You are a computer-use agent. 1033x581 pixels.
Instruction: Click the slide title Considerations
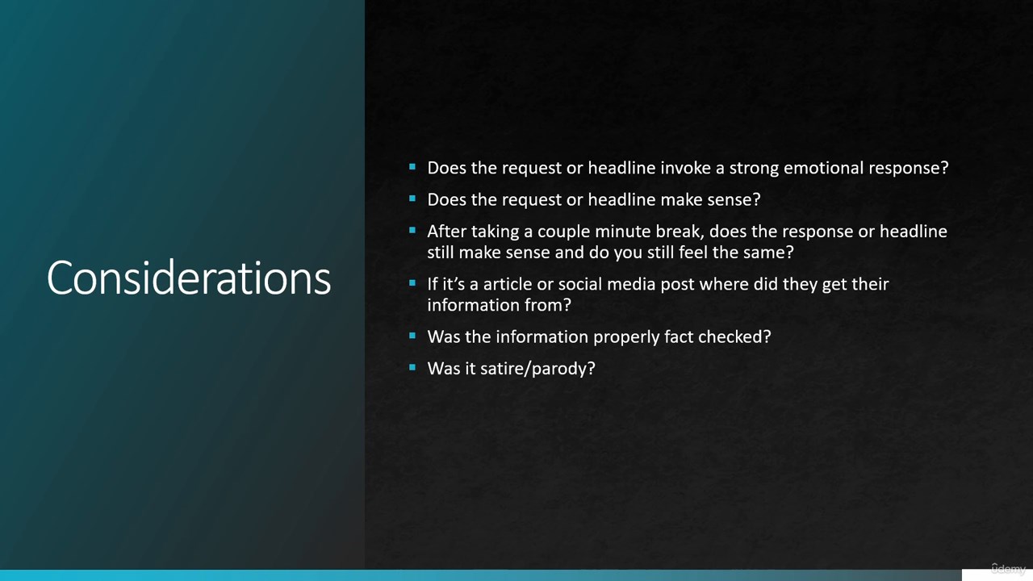(189, 278)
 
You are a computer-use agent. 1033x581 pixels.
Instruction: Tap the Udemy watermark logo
(1009, 568)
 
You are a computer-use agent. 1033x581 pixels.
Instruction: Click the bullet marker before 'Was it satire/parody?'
(412, 367)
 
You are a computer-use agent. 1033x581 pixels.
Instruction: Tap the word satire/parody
(537, 369)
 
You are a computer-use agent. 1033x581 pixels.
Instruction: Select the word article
(508, 284)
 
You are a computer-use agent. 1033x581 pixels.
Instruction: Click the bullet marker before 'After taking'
(412, 230)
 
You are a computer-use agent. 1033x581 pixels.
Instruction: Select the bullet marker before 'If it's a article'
(412, 282)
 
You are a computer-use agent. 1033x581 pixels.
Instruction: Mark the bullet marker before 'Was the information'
(412, 335)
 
